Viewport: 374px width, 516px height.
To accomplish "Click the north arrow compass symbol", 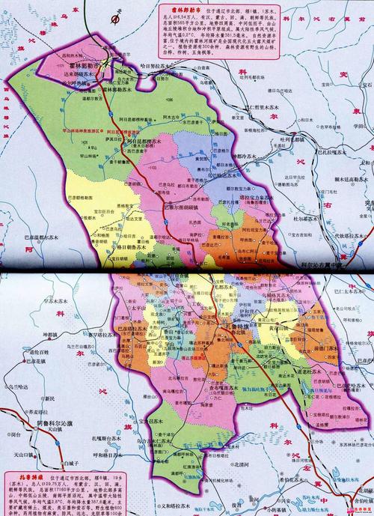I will point(119,13).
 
